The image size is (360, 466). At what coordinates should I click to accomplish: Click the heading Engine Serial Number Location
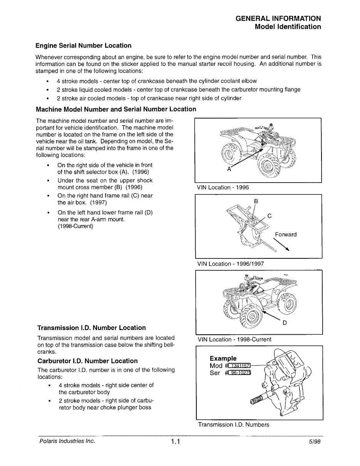83,45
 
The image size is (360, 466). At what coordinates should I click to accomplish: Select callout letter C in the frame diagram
270,216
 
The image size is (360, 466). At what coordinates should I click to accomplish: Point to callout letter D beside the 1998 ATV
284,323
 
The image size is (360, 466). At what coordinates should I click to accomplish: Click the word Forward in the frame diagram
286,235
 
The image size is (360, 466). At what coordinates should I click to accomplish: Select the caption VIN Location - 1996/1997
230,264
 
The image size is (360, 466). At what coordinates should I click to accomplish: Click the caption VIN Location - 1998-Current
234,339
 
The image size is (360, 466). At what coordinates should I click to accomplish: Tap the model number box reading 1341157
239,365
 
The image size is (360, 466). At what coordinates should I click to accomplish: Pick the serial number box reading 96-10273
239,373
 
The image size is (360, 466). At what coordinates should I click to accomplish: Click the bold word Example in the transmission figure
223,358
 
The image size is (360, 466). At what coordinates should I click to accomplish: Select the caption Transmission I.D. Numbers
233,425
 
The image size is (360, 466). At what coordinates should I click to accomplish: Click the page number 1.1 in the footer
176,442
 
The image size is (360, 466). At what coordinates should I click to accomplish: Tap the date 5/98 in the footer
314,442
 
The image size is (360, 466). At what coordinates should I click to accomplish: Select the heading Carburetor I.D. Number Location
87,361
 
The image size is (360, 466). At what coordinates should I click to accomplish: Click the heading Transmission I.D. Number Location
91,328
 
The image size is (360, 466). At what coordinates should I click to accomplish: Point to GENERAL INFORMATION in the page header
278,18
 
